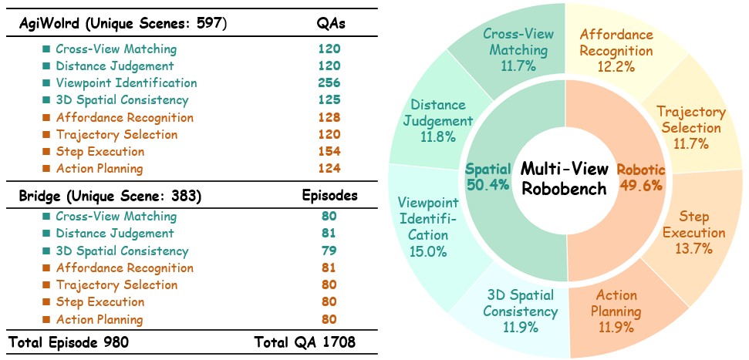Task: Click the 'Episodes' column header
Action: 329,196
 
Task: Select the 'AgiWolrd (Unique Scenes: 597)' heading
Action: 123,24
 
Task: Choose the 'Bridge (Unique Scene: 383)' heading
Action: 110,196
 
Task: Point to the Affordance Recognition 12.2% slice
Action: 616,50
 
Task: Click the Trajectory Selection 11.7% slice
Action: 691,128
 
